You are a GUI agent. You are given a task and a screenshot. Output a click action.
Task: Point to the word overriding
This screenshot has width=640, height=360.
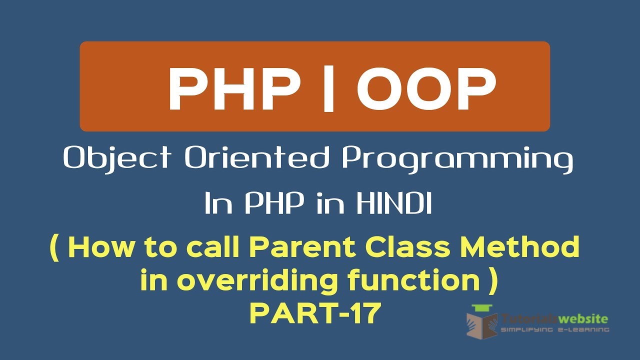[x=259, y=281]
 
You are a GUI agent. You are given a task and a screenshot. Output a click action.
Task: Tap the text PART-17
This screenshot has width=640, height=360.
[x=315, y=313]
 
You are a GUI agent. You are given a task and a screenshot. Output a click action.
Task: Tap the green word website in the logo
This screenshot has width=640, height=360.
[x=583, y=318]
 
